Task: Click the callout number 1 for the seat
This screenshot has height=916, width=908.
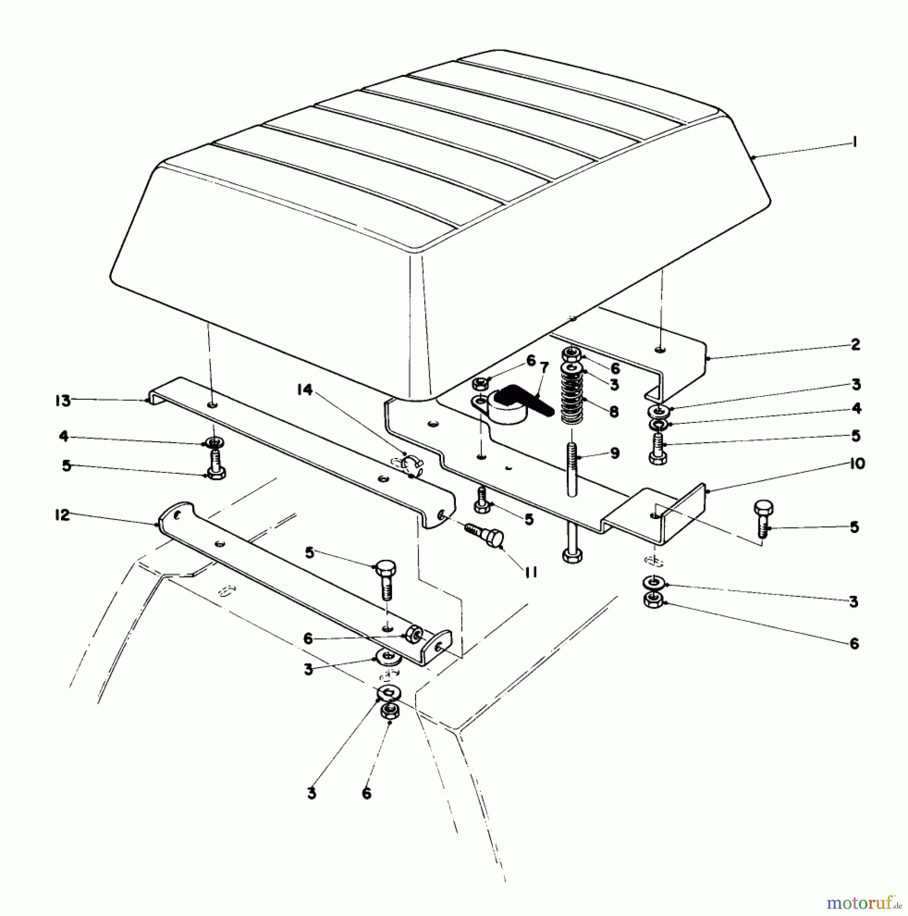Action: pyautogui.click(x=854, y=142)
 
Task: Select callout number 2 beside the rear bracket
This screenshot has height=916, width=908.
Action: pyautogui.click(x=855, y=345)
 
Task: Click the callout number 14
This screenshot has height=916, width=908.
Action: pyautogui.click(x=304, y=390)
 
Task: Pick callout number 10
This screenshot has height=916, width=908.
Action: pyautogui.click(x=857, y=464)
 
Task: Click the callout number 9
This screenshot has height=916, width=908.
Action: pyautogui.click(x=614, y=452)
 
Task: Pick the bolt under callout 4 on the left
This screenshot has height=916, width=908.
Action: pyautogui.click(x=215, y=464)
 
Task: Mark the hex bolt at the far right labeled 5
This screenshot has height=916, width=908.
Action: pyautogui.click(x=763, y=520)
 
